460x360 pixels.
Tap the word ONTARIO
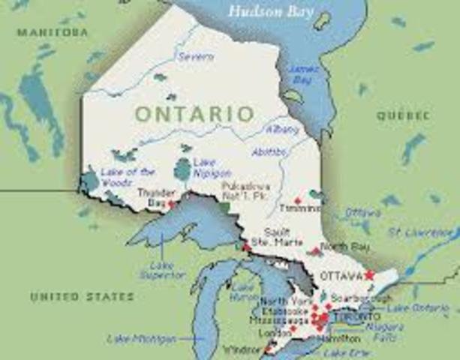click(194, 114)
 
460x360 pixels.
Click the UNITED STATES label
click(82, 297)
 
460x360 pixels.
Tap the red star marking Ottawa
click(368, 275)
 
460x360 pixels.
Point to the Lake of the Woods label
click(128, 177)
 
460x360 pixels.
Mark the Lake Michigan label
click(141, 339)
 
